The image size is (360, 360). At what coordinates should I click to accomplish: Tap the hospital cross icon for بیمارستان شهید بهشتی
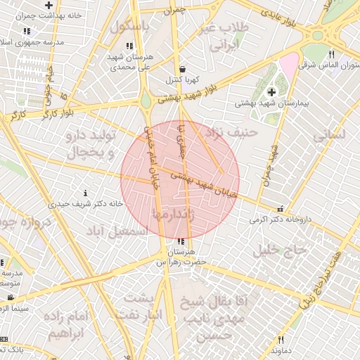pyautogui.click(x=272, y=93)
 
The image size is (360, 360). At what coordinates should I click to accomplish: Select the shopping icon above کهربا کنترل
pyautogui.click(x=183, y=70)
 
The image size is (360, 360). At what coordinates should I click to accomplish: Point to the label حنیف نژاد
pyautogui.click(x=231, y=131)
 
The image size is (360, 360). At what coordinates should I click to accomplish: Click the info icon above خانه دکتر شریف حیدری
pyautogui.click(x=86, y=193)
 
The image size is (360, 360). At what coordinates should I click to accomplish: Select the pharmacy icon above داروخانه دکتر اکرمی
pyautogui.click(x=281, y=208)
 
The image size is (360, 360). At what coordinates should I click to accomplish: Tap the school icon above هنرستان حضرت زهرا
pyautogui.click(x=182, y=242)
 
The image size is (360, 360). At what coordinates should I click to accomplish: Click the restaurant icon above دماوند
pyautogui.click(x=281, y=340)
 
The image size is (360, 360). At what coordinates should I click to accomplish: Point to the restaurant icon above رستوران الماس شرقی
pyautogui.click(x=331, y=53)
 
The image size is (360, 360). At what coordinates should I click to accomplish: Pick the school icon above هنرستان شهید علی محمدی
pyautogui.click(x=129, y=46)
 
